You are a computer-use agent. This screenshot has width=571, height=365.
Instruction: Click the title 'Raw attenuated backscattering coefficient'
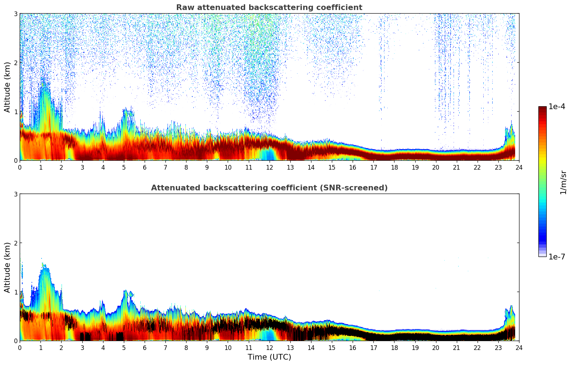click(x=269, y=8)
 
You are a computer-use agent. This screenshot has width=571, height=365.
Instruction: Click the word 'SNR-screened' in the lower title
click(x=359, y=188)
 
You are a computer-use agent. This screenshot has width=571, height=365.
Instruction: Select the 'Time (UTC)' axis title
click(x=269, y=357)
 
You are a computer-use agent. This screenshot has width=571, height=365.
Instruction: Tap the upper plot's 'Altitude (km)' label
click(x=7, y=87)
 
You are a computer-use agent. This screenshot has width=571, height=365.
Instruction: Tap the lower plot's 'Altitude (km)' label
click(x=7, y=267)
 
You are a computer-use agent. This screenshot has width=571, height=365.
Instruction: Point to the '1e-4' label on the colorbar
click(x=557, y=107)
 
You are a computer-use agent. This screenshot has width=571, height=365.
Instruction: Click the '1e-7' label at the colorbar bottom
click(x=557, y=257)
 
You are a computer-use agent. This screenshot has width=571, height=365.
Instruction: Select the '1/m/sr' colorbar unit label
click(x=563, y=182)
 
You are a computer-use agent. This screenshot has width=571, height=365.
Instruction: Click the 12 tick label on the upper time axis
click(x=269, y=167)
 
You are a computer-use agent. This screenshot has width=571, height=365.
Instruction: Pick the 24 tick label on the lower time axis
click(x=519, y=347)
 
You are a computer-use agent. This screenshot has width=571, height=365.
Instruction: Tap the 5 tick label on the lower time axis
click(x=124, y=347)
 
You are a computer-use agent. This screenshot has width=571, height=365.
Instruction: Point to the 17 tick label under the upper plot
click(x=373, y=167)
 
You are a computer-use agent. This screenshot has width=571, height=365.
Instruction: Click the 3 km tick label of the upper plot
click(x=15, y=14)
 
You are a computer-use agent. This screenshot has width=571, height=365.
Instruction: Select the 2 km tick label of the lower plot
click(x=15, y=243)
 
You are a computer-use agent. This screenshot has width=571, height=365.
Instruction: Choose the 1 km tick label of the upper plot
click(x=15, y=112)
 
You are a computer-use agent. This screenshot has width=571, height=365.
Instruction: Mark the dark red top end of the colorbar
click(x=542, y=108)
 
